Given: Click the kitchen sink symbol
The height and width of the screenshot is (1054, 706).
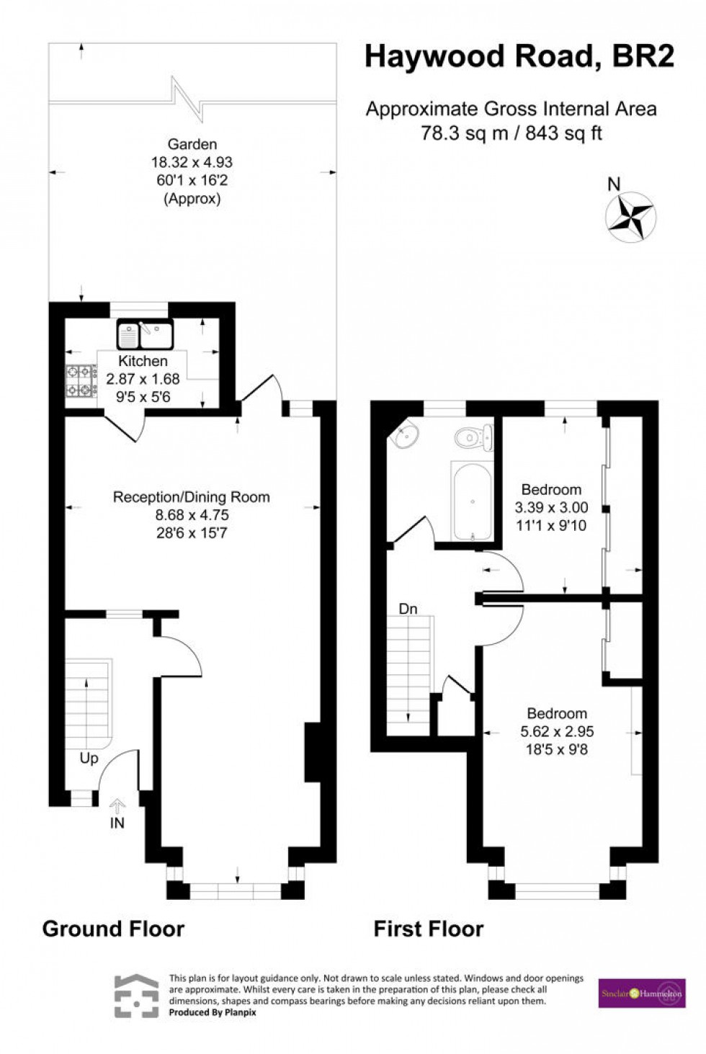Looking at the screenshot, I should coord(145,334).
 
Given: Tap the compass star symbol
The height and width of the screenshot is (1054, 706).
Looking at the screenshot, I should coord(630,215).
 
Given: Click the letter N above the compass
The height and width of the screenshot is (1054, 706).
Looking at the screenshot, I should coord(614,184).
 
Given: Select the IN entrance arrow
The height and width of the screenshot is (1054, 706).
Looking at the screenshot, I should coord(117,806).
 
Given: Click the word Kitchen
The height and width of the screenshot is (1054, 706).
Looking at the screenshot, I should coord(143,362).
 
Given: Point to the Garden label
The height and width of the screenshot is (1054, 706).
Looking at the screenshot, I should coord(192,144).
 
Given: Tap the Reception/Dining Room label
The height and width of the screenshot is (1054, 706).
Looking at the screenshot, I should coord(192,497).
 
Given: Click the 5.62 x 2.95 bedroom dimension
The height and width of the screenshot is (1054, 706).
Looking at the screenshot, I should coord(557,731).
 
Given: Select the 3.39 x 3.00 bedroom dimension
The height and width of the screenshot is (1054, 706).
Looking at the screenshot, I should coord(551,507).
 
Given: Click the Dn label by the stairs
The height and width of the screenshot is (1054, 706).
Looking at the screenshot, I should coord(408,609).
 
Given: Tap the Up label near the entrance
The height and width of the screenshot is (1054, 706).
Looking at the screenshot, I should coord(89,758).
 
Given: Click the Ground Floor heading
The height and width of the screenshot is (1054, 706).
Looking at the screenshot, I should coord(113,929).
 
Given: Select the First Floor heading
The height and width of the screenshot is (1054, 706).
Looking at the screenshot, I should coord(428,929).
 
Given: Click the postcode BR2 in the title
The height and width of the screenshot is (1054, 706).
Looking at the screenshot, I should coord(643,56).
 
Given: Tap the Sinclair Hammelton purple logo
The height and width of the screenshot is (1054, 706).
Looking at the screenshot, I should coord(641,993).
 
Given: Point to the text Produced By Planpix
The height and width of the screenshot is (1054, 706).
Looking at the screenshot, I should coord(213,1012).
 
